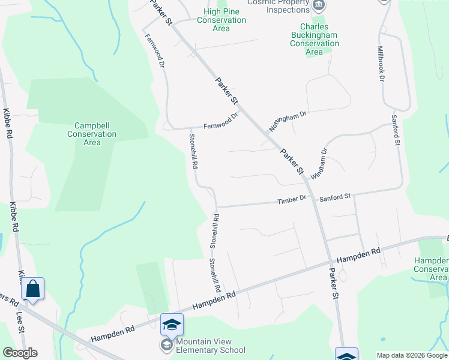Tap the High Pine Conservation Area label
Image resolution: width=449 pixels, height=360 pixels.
pos(221,20)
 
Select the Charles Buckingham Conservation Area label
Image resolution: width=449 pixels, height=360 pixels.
pos(314,39)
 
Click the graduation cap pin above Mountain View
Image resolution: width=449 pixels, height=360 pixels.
pos(172,325)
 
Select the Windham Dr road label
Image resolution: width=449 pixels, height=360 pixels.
pos(319,163)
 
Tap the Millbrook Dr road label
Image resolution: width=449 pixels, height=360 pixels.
pos(381,64)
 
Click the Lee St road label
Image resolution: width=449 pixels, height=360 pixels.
pos(20,321)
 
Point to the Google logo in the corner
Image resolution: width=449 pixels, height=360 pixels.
pos(20,353)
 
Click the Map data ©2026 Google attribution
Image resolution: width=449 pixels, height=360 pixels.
pos(412,355)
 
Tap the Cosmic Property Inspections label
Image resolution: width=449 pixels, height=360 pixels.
pos(280,5)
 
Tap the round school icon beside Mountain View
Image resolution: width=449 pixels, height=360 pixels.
pos(165,345)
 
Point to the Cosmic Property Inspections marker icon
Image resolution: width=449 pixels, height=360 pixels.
pos(319,5)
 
